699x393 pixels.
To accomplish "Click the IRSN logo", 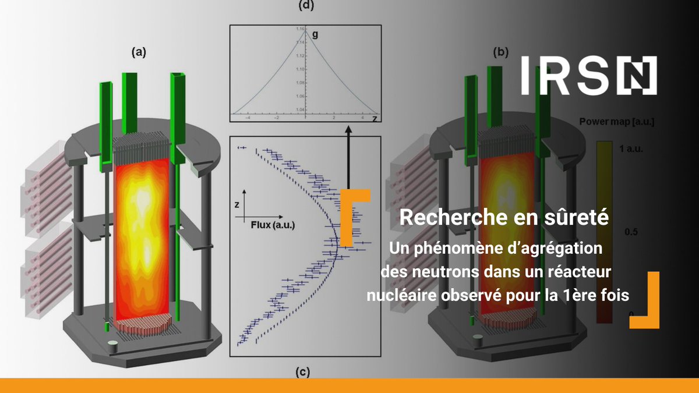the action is [589, 76].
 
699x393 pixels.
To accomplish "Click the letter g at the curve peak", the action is [315, 34].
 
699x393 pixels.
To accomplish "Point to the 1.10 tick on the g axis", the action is [299, 69].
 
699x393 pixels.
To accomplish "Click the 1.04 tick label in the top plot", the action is [299, 109].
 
